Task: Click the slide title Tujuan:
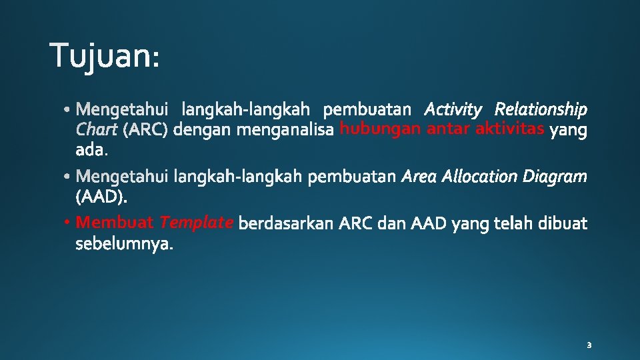[105, 55]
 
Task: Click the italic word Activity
[453, 109]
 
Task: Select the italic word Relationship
[541, 109]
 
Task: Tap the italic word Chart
[97, 130]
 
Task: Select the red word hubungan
[379, 129]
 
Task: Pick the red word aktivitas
[510, 129]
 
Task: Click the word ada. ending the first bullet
[91, 151]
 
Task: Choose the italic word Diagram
[555, 177]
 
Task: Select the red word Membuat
[115, 222]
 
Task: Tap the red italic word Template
[196, 223]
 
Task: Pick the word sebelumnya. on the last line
[125, 245]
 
